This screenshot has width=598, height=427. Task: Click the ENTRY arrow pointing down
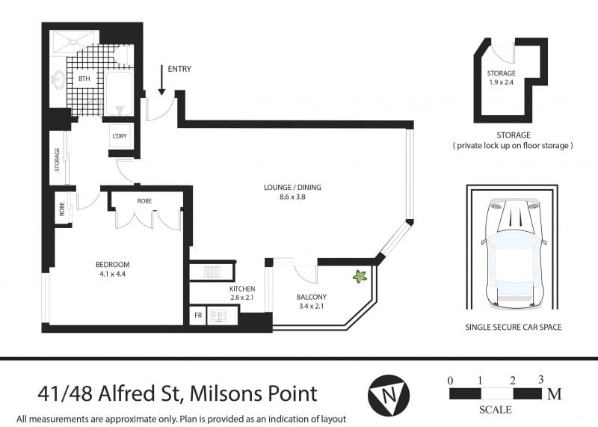pyautogui.click(x=161, y=80)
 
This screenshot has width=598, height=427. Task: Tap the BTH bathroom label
pyautogui.click(x=84, y=79)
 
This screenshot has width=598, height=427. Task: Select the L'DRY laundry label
pyautogui.click(x=120, y=136)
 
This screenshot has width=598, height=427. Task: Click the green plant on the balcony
pyautogui.click(x=360, y=276)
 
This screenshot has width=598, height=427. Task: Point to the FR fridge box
pyautogui.click(x=198, y=316)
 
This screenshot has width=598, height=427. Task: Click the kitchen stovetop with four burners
pyautogui.click(x=212, y=271)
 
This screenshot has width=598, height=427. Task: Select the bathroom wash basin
pyautogui.click(x=58, y=79)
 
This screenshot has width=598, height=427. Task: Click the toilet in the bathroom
pyautogui.click(x=123, y=55)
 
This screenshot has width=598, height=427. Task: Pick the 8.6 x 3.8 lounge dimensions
pyautogui.click(x=292, y=197)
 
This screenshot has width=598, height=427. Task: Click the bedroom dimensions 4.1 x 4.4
pyautogui.click(x=113, y=274)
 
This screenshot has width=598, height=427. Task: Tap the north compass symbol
pyautogui.click(x=389, y=395)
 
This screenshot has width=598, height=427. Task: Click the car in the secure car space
pyautogui.click(x=514, y=252)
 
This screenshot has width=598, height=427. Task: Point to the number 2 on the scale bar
pyautogui.click(x=513, y=381)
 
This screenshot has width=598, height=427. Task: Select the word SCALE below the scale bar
pyautogui.click(x=496, y=410)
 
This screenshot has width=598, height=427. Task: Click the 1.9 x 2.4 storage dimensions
pyautogui.click(x=501, y=82)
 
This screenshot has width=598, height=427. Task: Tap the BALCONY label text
pyautogui.click(x=312, y=297)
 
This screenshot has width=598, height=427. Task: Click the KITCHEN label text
pyautogui.click(x=242, y=289)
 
